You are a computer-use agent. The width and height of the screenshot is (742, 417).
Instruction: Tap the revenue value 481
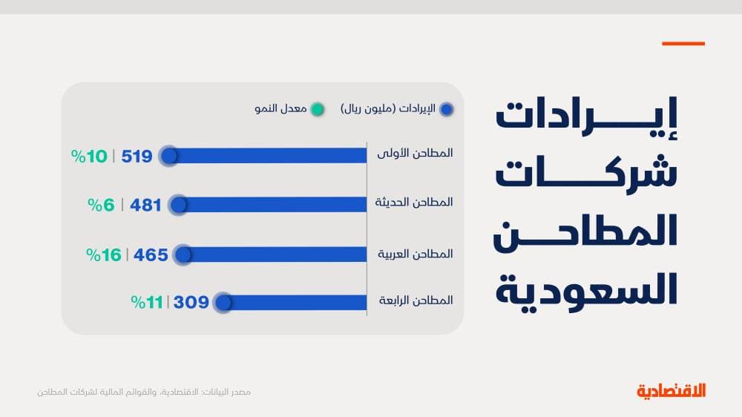[x=145, y=205]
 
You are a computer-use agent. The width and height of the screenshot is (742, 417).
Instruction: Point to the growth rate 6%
[x=105, y=205]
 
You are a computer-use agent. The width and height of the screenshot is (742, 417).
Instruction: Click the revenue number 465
[x=151, y=255]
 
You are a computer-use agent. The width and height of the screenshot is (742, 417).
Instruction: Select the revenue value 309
[x=191, y=302]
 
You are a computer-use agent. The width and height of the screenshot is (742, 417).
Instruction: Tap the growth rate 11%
[x=147, y=302]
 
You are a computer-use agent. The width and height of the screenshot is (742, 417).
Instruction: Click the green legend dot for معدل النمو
[x=318, y=109]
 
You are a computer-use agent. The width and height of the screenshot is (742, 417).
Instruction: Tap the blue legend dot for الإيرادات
[x=447, y=109]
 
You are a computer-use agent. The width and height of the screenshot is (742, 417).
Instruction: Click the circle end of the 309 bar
[x=223, y=303]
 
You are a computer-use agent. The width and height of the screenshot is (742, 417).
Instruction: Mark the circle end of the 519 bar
[x=169, y=156]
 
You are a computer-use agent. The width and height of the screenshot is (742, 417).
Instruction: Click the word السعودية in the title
[x=586, y=288]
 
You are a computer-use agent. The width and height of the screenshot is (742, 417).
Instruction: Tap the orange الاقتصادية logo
[x=671, y=391]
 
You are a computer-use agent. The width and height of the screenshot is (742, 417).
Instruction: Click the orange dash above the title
[x=683, y=44]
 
